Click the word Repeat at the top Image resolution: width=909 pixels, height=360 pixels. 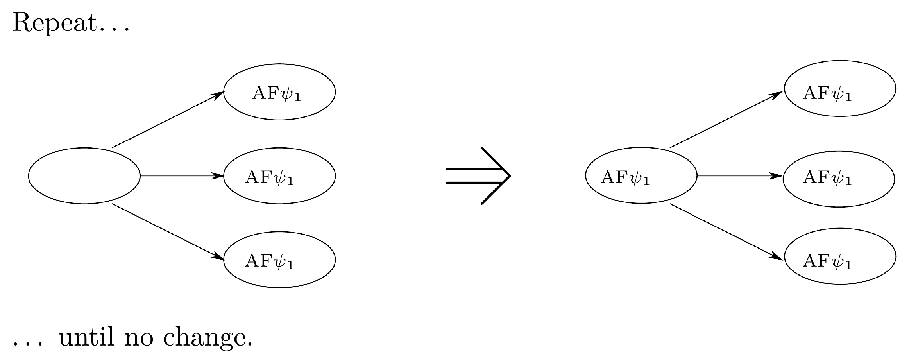click(54, 23)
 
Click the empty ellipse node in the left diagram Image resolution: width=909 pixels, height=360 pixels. click(84, 176)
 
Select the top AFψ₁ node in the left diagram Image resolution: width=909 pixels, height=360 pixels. click(279, 92)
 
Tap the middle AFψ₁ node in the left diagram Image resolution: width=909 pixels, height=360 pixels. click(279, 176)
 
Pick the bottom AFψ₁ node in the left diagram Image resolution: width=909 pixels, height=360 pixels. click(279, 260)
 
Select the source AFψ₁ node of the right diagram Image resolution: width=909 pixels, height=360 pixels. click(641, 176)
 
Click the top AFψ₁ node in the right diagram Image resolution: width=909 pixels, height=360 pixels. click(840, 88)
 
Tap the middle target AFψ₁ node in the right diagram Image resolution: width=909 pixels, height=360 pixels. click(839, 179)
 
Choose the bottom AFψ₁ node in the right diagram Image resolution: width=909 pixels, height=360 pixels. click(840, 256)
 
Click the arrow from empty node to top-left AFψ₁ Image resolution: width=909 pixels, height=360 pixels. click(168, 120)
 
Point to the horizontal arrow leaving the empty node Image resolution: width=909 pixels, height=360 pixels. click(182, 176)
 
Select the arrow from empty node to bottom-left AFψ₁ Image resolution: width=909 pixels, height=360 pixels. click(168, 232)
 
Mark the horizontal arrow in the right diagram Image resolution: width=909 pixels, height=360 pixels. click(740, 176)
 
